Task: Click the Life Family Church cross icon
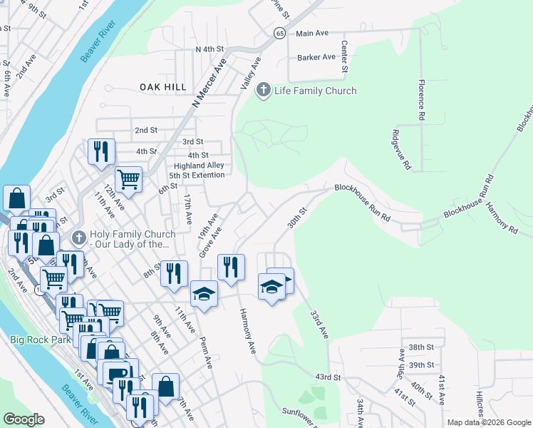pyautogui.click(x=263, y=91)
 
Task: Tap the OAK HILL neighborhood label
pyautogui.click(x=163, y=87)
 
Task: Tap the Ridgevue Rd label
pyautogui.click(x=403, y=149)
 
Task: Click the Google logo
pyautogui.click(x=24, y=419)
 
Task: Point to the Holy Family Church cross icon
pyautogui.click(x=79, y=235)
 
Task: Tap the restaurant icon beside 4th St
pyautogui.click(x=100, y=151)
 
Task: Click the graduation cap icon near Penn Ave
pyautogui.click(x=203, y=293)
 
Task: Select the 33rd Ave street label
pyautogui.click(x=319, y=324)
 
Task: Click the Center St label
pyautogui.click(x=343, y=56)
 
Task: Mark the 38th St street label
pyautogui.click(x=421, y=347)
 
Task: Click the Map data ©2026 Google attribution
pyautogui.click(x=488, y=422)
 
